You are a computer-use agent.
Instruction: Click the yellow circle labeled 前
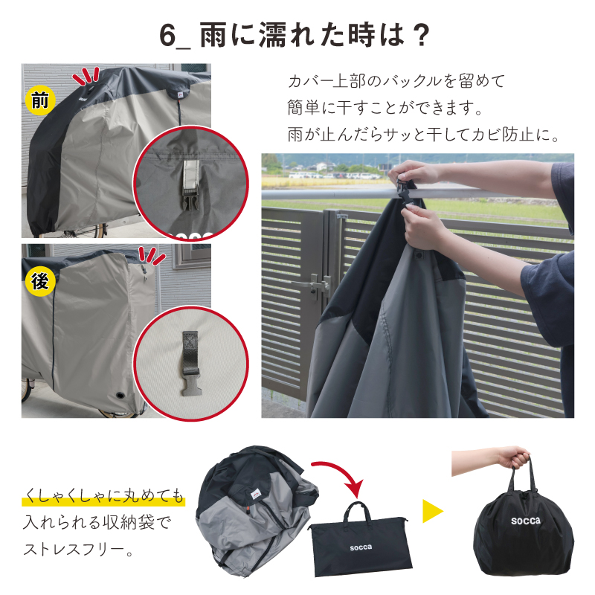click(x=40, y=100)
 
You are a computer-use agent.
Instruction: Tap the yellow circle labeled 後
click(x=40, y=282)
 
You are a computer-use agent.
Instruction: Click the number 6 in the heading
click(x=167, y=35)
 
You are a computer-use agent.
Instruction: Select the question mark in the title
click(x=420, y=35)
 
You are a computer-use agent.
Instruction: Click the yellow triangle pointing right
click(x=433, y=511)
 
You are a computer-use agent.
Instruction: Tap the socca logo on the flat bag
click(x=361, y=547)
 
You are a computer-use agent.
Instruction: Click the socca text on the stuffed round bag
click(x=526, y=521)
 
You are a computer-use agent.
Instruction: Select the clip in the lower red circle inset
click(x=190, y=364)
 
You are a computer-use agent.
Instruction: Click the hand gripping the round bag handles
click(x=514, y=457)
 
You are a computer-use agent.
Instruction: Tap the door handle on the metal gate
click(x=315, y=285)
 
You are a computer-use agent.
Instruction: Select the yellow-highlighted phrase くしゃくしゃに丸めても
click(x=103, y=495)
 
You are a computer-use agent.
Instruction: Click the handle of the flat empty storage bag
click(x=357, y=512)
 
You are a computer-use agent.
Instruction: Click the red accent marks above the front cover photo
click(x=86, y=76)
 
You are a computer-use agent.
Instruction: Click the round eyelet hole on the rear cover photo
click(x=120, y=395)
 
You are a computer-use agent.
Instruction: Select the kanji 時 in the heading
click(x=360, y=35)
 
